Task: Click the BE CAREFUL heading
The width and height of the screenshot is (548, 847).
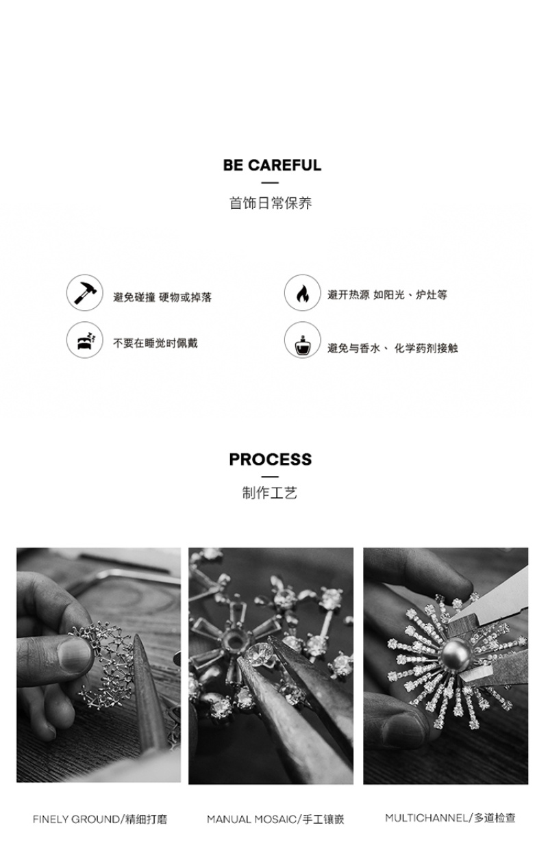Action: click(x=272, y=165)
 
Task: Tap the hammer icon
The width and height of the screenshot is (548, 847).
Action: click(x=85, y=292)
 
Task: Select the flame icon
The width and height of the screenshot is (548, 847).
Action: click(x=302, y=292)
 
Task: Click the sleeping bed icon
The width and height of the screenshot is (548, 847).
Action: click(x=85, y=340)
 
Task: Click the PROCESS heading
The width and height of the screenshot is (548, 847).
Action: click(x=271, y=459)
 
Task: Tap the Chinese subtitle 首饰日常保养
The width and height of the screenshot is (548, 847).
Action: click(x=271, y=203)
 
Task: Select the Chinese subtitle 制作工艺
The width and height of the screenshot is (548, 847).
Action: click(x=270, y=493)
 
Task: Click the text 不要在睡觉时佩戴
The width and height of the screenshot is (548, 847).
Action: click(x=155, y=343)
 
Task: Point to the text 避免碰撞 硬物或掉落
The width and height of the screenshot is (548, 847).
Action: click(x=162, y=297)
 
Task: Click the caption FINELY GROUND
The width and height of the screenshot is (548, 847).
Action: click(x=76, y=820)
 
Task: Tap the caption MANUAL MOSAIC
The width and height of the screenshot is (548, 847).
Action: click(x=251, y=820)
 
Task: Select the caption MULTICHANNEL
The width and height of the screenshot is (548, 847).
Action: click(x=426, y=818)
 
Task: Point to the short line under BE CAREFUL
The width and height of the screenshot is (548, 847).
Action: click(x=270, y=183)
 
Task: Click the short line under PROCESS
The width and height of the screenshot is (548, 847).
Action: click(x=270, y=477)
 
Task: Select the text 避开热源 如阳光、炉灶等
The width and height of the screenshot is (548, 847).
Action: click(x=388, y=295)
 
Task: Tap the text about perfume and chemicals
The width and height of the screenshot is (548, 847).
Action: click(x=393, y=349)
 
